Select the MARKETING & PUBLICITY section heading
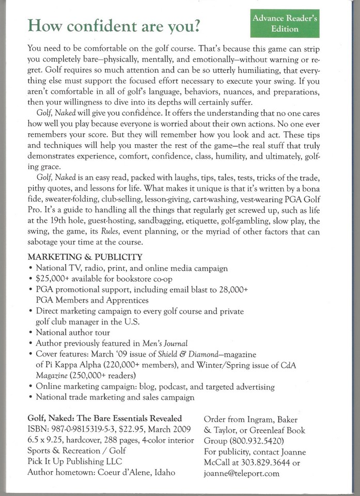coord(85,257)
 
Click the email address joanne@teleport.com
coord(242,473)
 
